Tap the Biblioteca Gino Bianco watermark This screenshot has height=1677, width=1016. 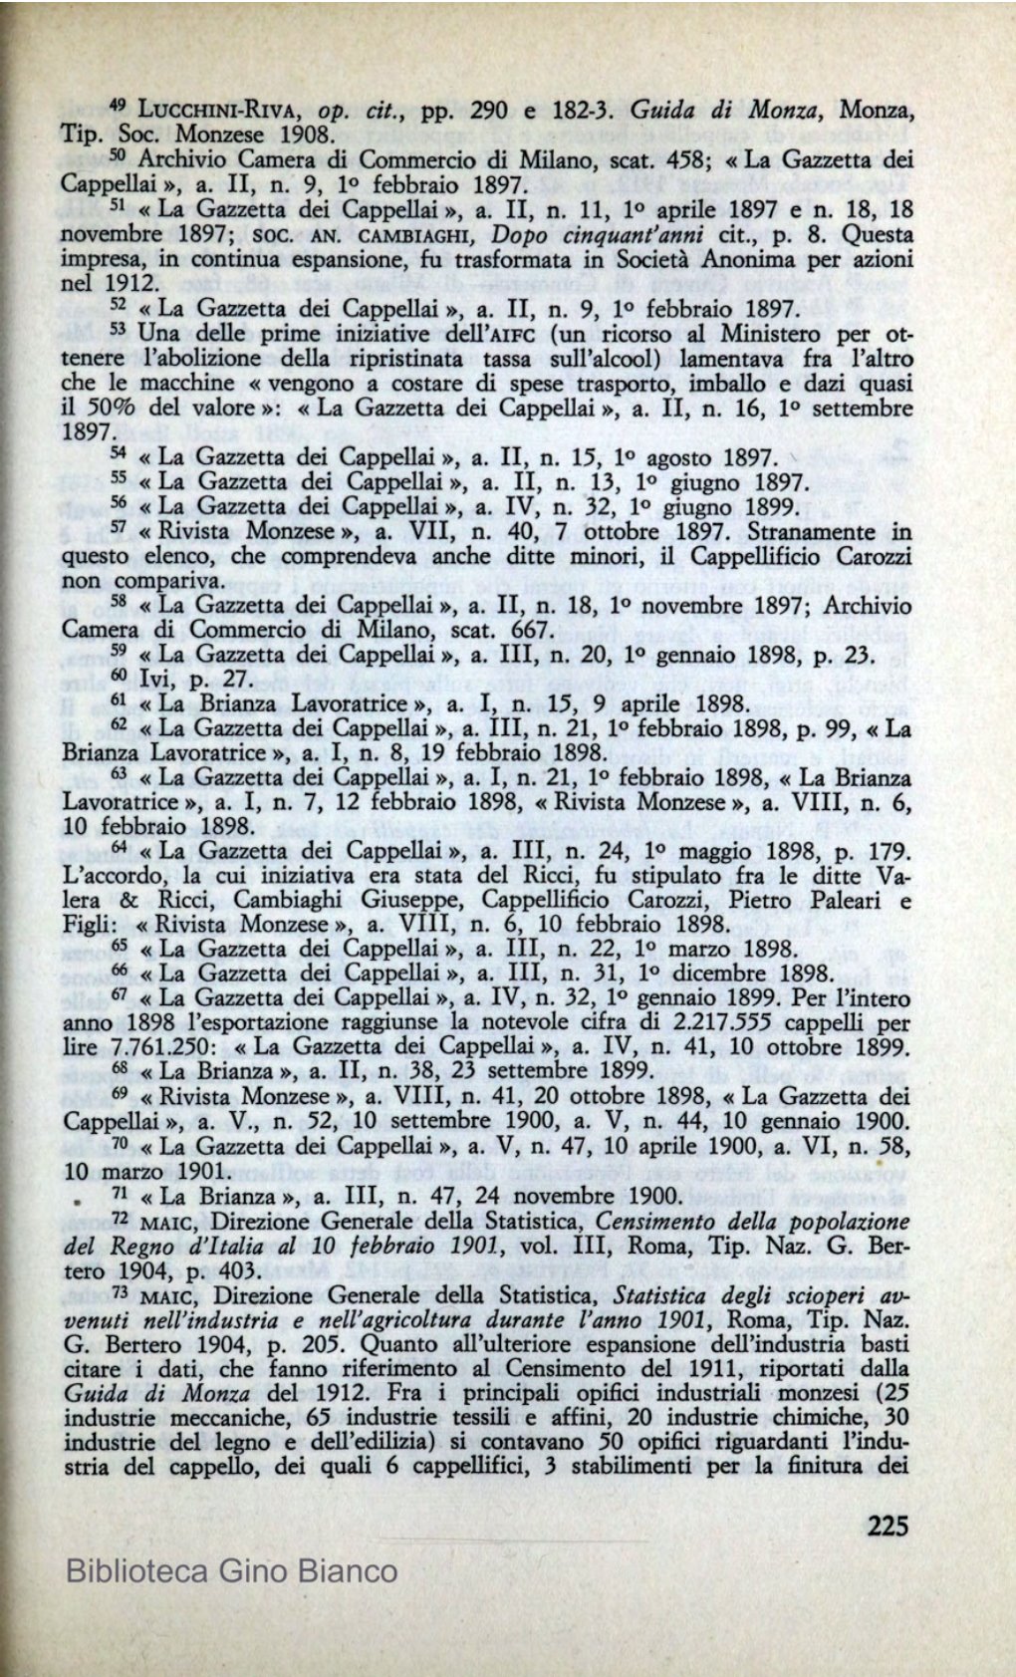click(x=231, y=1572)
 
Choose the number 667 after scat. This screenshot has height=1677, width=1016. click(x=516, y=630)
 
